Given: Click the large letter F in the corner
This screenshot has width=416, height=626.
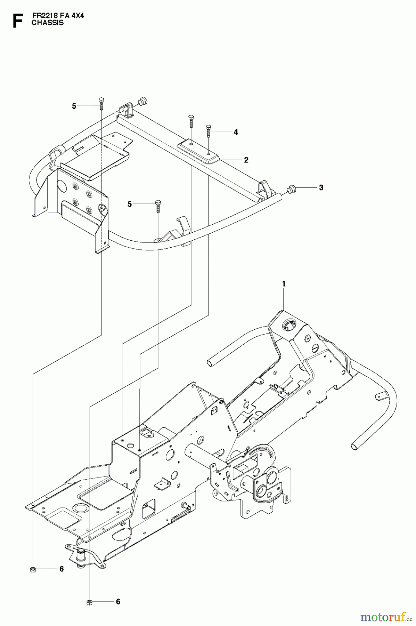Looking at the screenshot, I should tap(17, 21).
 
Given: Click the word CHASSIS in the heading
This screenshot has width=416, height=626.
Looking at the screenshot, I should tap(47, 23).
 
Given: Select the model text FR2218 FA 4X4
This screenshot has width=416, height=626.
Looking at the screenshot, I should tap(58, 16).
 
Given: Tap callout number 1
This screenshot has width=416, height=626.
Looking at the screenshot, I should tap(283, 284).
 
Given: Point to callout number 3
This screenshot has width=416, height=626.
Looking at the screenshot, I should tap(321, 188).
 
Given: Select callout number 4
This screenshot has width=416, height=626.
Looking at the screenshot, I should tap(236, 132).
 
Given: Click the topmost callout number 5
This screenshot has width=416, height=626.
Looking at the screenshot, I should tap(74, 106).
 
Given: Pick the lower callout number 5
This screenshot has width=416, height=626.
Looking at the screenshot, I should tap(130, 204).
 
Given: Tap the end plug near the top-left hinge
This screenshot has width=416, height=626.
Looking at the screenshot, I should tap(142, 102).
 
